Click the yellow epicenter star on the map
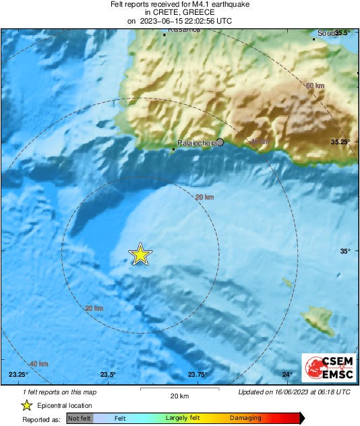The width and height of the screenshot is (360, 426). [x=140, y=254]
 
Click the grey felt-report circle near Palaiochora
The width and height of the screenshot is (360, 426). [x=220, y=142]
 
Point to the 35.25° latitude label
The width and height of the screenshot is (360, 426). [x=341, y=142]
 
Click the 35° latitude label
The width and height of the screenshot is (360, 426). [x=345, y=251]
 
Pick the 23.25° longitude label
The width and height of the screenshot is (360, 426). [x=18, y=375]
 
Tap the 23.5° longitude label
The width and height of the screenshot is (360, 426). [x=108, y=375]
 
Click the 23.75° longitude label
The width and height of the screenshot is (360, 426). [x=198, y=375]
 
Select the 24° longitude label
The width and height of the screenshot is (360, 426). [x=287, y=375]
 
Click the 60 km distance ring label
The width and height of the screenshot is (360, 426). [x=315, y=86]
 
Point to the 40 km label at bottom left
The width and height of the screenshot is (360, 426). [x=39, y=364]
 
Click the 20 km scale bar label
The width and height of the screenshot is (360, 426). [x=179, y=396]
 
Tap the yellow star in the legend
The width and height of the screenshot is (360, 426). [x=27, y=405]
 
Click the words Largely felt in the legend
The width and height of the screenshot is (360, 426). [x=181, y=419]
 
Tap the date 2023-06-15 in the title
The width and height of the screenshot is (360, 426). [x=162, y=21]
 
